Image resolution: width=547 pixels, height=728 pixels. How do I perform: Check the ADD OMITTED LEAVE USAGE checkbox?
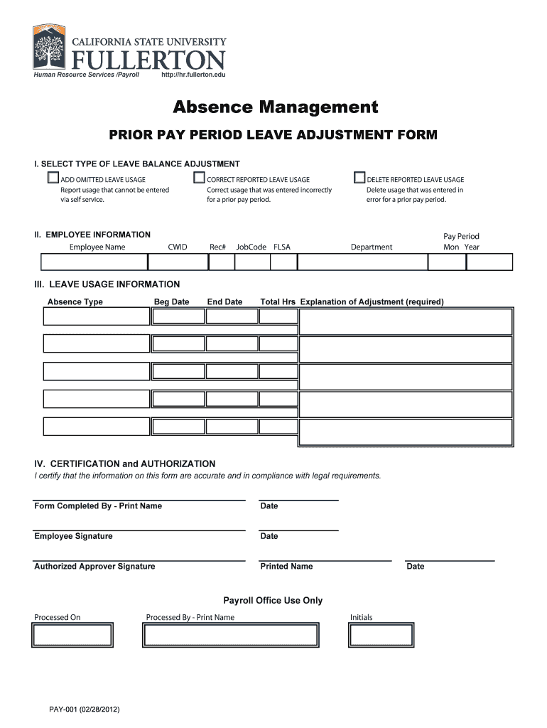click(53, 178)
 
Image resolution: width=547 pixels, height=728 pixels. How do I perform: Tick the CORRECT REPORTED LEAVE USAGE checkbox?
click(200, 178)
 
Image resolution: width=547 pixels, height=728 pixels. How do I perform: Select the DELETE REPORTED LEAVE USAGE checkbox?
click(359, 178)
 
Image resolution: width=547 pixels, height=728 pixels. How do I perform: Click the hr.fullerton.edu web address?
click(193, 75)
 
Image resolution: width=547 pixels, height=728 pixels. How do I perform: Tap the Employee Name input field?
click(93, 262)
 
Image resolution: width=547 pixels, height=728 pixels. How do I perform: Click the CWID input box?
click(178, 262)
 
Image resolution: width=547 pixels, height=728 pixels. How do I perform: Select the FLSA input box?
click(283, 262)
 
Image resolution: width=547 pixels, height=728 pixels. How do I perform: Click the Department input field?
click(362, 262)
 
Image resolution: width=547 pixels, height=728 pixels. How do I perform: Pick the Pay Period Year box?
click(489, 262)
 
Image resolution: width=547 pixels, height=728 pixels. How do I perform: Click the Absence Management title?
click(276, 107)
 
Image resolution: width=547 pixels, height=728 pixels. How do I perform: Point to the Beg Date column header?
click(171, 302)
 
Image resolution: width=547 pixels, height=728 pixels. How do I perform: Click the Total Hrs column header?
click(278, 302)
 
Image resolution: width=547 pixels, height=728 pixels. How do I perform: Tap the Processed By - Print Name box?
click(230, 635)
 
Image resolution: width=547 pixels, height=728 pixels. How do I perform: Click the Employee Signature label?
click(73, 536)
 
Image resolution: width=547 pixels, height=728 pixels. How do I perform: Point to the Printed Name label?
click(286, 567)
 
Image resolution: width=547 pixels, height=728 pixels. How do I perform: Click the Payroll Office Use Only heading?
click(273, 601)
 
